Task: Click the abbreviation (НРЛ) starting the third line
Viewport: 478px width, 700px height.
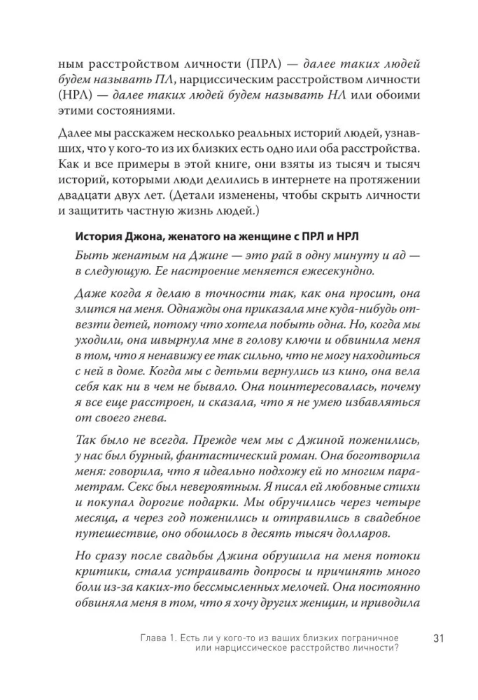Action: pyautogui.click(x=91, y=94)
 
